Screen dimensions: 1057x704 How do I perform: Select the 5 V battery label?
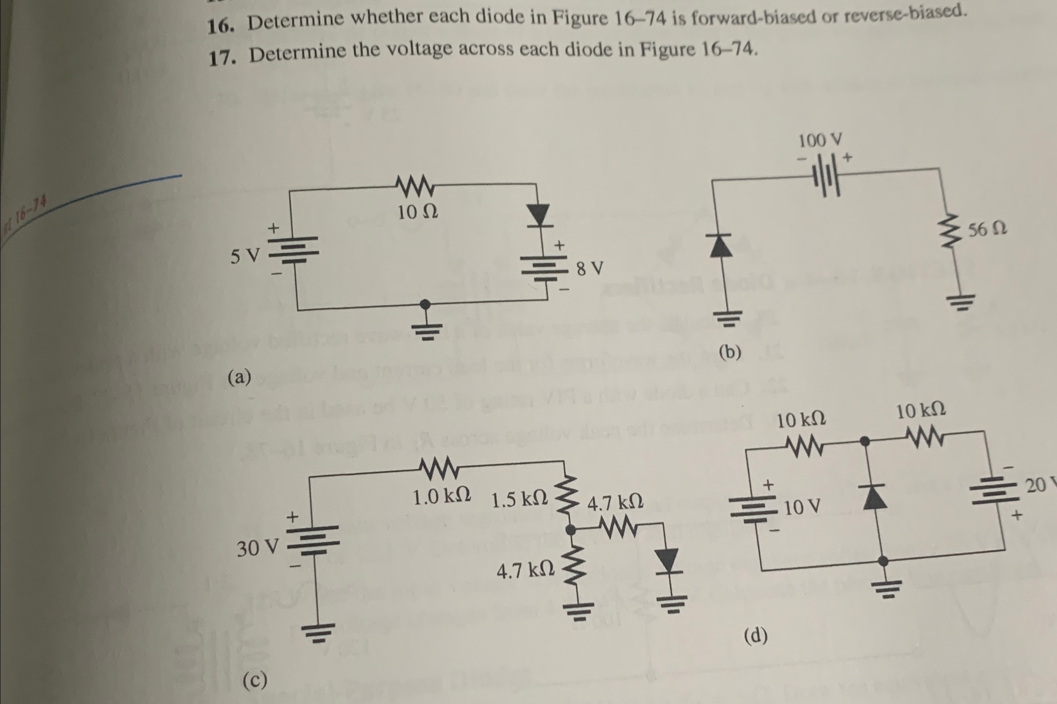point(245,256)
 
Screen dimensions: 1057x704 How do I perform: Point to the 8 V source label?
point(589,269)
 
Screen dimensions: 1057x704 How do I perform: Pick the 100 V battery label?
point(820,140)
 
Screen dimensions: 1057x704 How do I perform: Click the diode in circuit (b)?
point(721,246)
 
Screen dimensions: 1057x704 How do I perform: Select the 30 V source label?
point(257,548)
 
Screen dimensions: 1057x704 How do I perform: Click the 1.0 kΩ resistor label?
point(442,497)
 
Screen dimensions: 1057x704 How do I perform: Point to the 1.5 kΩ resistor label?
point(519,500)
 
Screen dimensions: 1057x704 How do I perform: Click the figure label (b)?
point(730,352)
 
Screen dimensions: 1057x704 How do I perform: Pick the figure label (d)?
point(756,635)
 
